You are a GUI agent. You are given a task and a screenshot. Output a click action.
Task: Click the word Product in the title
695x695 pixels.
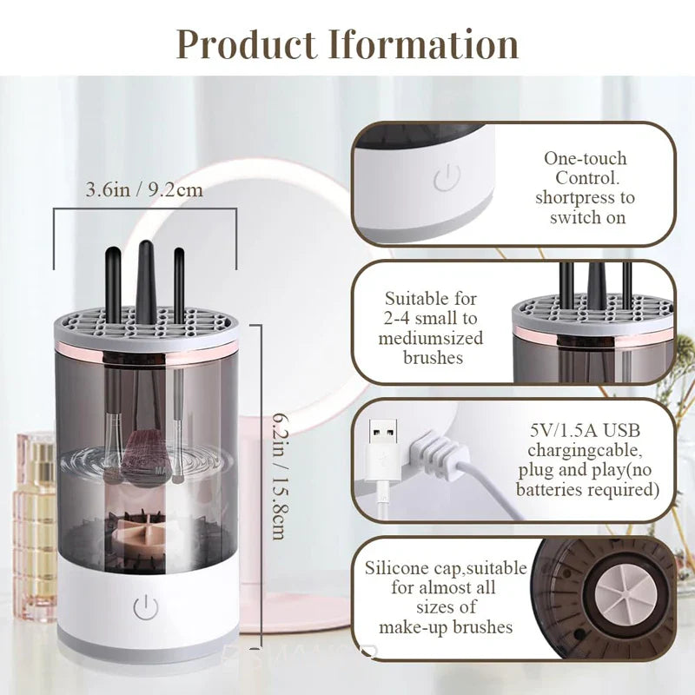coord(247,43)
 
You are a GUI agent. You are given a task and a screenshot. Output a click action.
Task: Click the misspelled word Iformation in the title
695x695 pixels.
coord(423,43)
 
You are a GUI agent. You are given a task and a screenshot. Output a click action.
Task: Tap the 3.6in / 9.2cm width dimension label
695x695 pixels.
coord(144,189)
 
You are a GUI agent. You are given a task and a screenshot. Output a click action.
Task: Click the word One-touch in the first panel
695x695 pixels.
coord(585,159)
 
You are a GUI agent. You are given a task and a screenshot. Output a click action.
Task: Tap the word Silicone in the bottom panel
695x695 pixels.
coord(395,569)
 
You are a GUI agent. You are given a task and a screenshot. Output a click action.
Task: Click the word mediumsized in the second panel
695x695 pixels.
coord(430,338)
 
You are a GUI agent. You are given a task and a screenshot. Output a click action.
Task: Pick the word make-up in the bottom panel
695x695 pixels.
coord(414,627)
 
